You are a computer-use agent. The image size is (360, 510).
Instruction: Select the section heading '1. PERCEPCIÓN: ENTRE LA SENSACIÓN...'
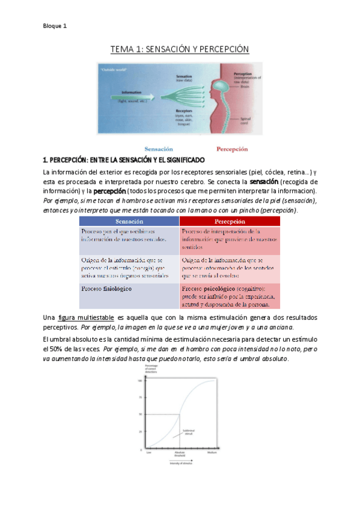tap(124, 161)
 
